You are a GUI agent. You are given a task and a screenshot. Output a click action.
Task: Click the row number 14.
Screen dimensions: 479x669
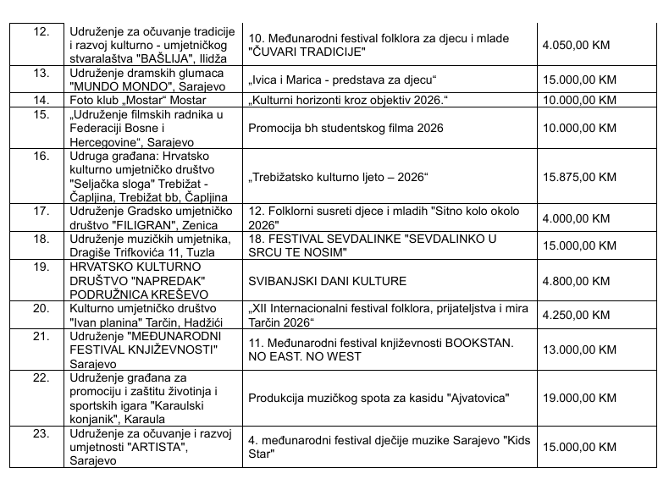tap(40, 100)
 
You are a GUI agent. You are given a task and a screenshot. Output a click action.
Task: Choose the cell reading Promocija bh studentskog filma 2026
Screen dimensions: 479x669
tap(347, 129)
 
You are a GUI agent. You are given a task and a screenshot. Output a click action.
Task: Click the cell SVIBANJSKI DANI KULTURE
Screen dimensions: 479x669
tap(327, 281)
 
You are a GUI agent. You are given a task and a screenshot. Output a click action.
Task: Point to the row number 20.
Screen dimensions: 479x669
tap(40, 309)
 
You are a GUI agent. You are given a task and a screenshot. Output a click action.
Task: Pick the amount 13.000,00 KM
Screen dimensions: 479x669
tap(581, 350)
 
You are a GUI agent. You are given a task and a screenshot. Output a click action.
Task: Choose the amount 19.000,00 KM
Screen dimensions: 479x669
tap(581, 398)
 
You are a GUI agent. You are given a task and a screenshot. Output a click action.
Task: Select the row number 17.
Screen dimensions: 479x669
tap(40, 212)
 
